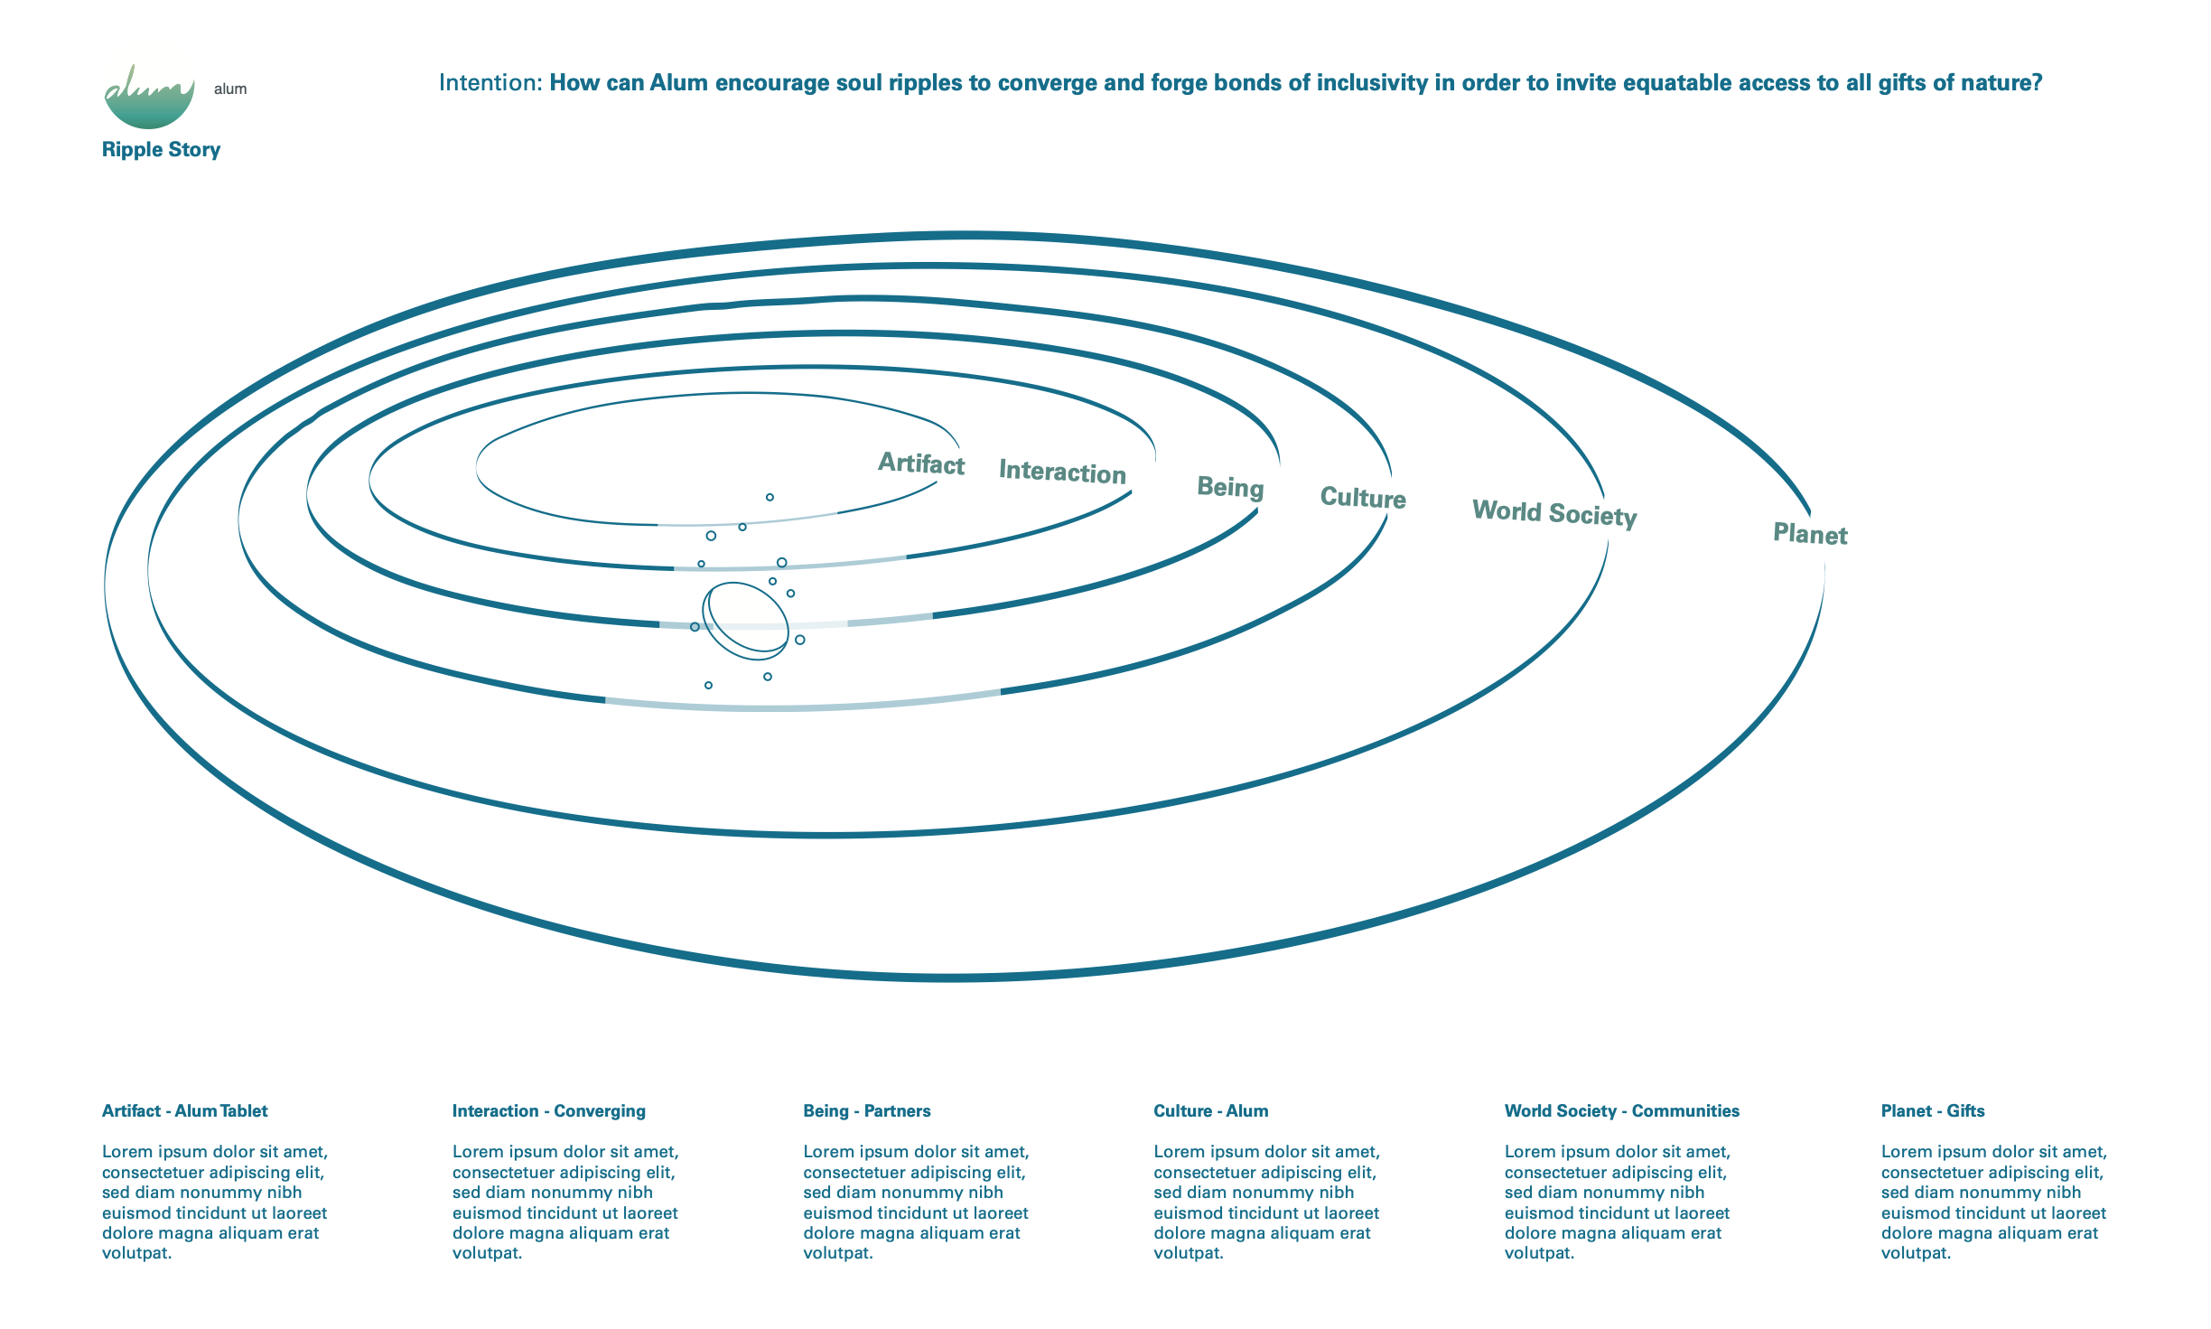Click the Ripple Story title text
(161, 150)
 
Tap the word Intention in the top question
(489, 83)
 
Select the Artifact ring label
(921, 463)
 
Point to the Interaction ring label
(1062, 473)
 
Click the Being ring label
(1230, 488)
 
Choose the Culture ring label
(1363, 498)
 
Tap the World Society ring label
(1554, 513)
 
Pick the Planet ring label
(1810, 534)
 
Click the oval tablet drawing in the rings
(745, 618)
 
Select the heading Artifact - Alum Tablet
(184, 1111)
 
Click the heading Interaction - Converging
(548, 1111)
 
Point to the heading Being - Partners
(866, 1111)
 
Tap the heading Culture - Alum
(1210, 1111)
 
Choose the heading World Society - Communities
(1621, 1111)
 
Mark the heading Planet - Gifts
(1932, 1111)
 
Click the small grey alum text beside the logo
(230, 89)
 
